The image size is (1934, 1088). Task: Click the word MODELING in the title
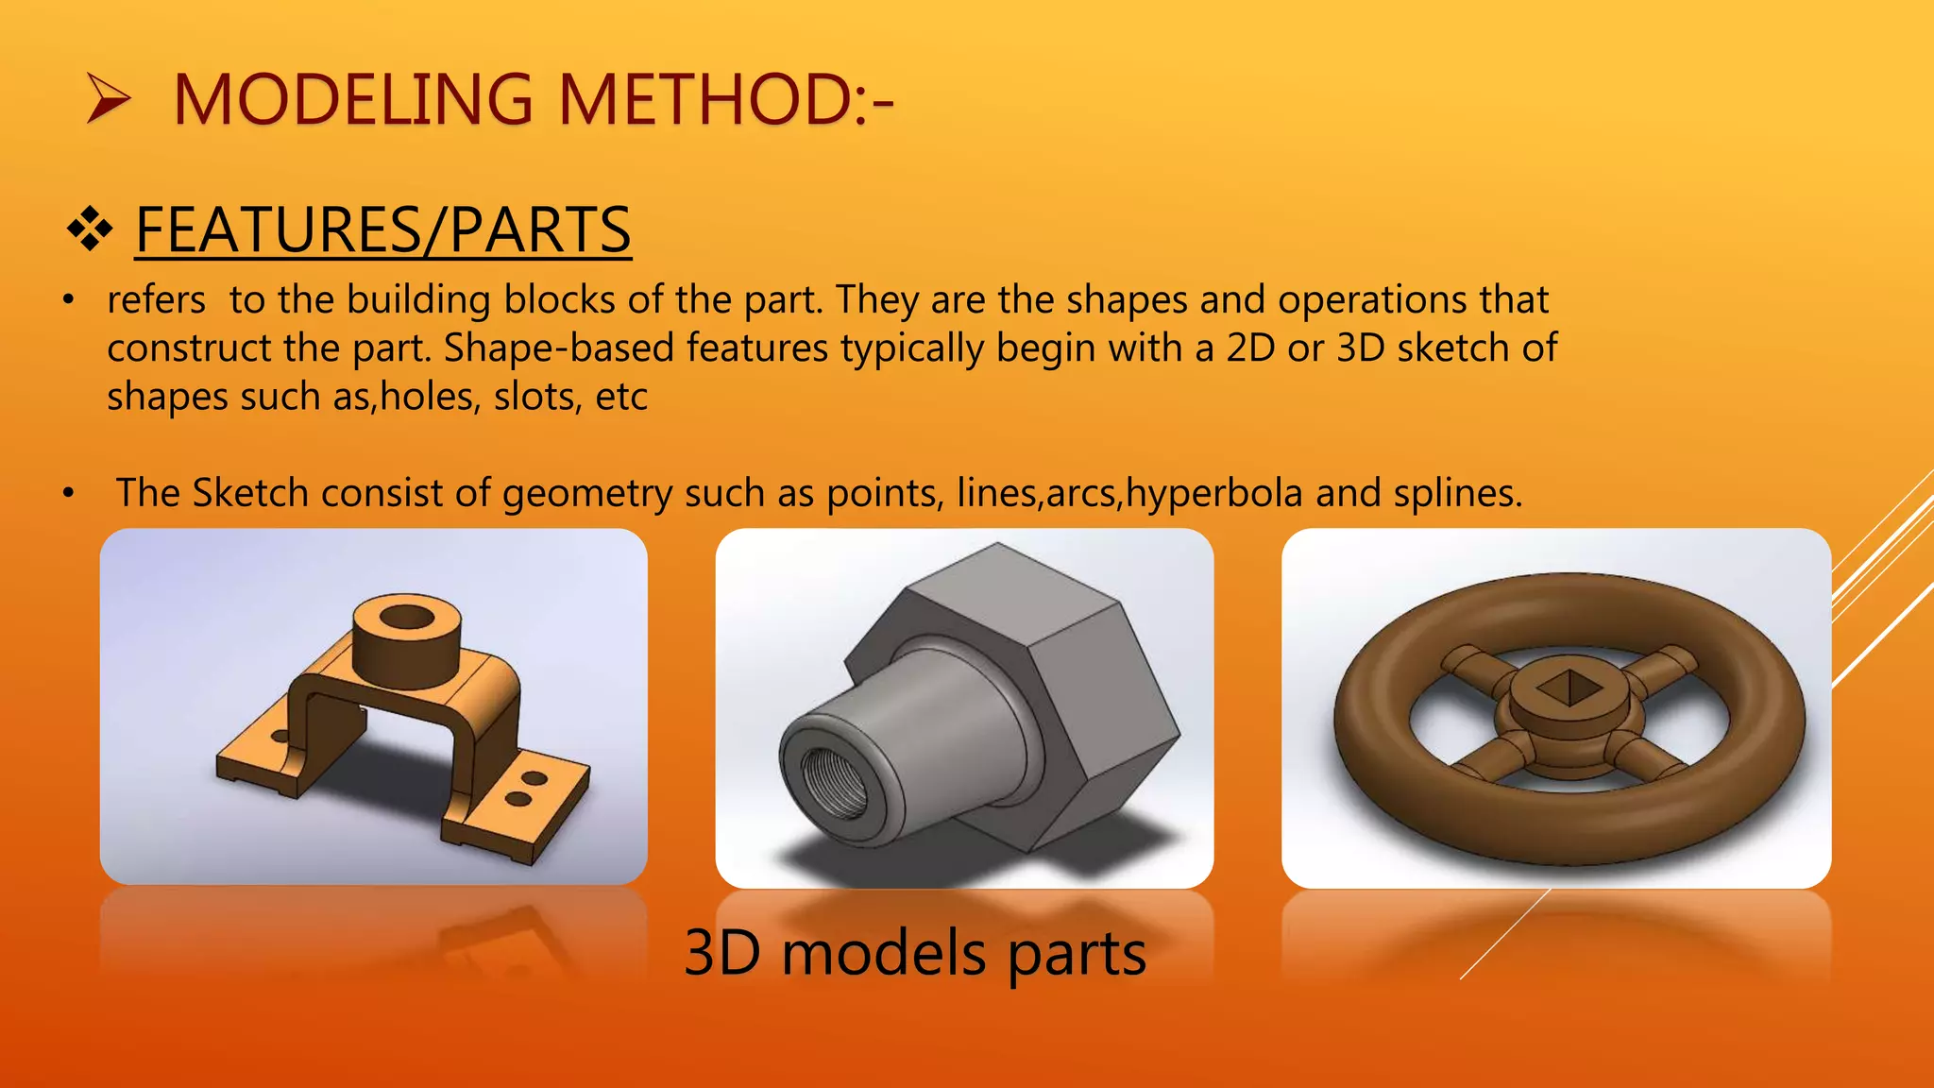tap(353, 100)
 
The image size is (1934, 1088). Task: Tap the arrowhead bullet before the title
tap(108, 99)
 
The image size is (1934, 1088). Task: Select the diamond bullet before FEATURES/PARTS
tap(91, 229)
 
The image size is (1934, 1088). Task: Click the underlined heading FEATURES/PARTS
tap(382, 229)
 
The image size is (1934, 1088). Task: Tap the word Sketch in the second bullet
tap(250, 493)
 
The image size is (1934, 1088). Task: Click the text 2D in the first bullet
tap(1250, 348)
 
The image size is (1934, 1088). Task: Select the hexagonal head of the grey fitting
tap(1067, 661)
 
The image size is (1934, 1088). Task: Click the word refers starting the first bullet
tap(156, 300)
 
